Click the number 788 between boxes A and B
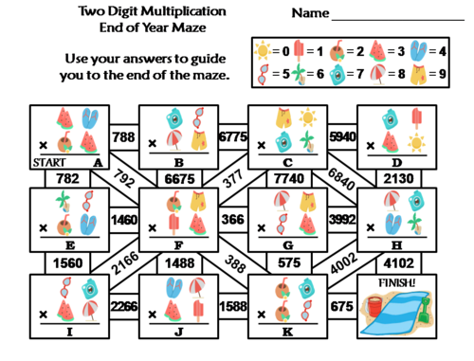coord(122,136)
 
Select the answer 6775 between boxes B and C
coord(231,136)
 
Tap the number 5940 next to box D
coord(341,136)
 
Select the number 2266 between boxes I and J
coord(122,305)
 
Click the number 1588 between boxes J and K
coord(231,305)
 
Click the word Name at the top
coord(311,14)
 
